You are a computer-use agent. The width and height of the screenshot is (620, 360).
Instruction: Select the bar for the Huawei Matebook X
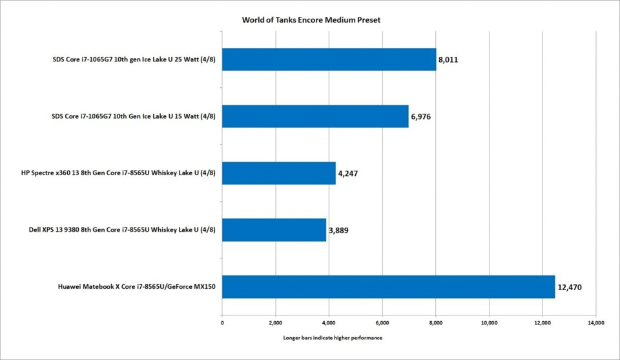(x=388, y=286)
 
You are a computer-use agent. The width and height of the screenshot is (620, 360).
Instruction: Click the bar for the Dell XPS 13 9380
(x=274, y=229)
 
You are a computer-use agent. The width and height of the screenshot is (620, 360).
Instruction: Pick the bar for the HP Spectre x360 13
(x=278, y=173)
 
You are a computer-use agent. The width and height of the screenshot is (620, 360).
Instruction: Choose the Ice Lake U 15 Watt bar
(x=315, y=116)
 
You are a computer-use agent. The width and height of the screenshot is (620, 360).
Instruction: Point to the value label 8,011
(x=448, y=60)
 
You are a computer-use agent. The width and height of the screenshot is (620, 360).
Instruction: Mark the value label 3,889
(x=338, y=229)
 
